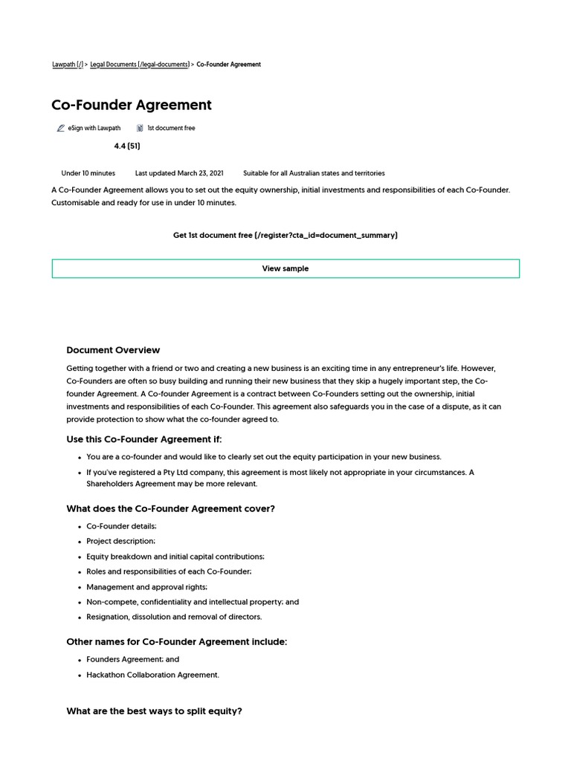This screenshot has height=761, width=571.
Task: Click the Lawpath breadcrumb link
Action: click(67, 65)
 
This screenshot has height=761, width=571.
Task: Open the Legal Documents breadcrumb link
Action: click(139, 65)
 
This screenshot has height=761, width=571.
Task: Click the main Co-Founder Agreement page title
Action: click(132, 105)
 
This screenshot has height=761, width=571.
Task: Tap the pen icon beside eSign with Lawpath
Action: click(60, 129)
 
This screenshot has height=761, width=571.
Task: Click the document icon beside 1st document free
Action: click(140, 129)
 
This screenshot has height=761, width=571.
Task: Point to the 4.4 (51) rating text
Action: click(126, 146)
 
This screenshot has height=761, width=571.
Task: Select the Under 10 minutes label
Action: click(88, 173)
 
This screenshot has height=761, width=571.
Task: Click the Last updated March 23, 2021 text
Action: click(178, 173)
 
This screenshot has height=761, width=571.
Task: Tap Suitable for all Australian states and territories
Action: click(314, 173)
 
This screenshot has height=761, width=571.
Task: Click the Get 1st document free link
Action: click(285, 235)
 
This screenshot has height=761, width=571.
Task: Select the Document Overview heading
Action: click(113, 350)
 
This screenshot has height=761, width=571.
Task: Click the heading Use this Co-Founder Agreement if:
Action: click(143, 439)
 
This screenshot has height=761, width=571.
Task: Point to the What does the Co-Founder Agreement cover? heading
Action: click(170, 509)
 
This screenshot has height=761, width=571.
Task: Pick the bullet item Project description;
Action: click(120, 541)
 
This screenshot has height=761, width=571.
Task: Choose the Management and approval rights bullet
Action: click(146, 587)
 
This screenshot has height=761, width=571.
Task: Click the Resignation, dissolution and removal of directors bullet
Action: click(174, 617)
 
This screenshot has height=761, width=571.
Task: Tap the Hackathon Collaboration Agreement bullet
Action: click(152, 675)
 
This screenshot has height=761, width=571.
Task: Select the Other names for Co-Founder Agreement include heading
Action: click(176, 641)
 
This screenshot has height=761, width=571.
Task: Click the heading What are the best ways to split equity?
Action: click(154, 711)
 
